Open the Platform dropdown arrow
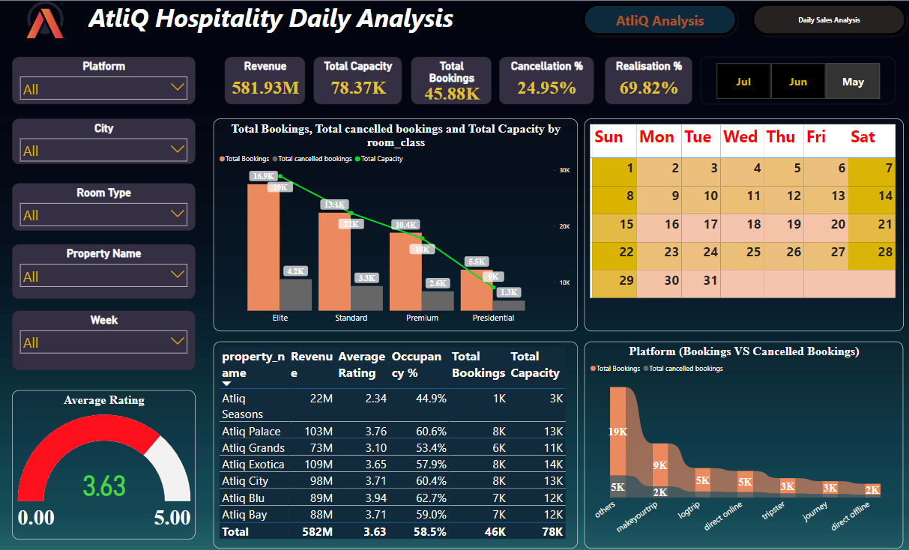point(178,88)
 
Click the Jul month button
point(743,82)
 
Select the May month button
point(853,82)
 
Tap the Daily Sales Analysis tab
point(829,20)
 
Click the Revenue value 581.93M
point(265,88)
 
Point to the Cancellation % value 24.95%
point(546,88)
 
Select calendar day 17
point(710,224)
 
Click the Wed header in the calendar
point(740,136)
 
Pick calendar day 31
point(710,280)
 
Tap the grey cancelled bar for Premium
point(438,300)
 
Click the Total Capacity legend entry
point(382,159)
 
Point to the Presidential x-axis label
point(493,318)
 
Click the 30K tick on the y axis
point(564,171)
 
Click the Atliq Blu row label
point(242,498)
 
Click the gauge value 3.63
point(104,486)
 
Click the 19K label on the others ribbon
point(618,432)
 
